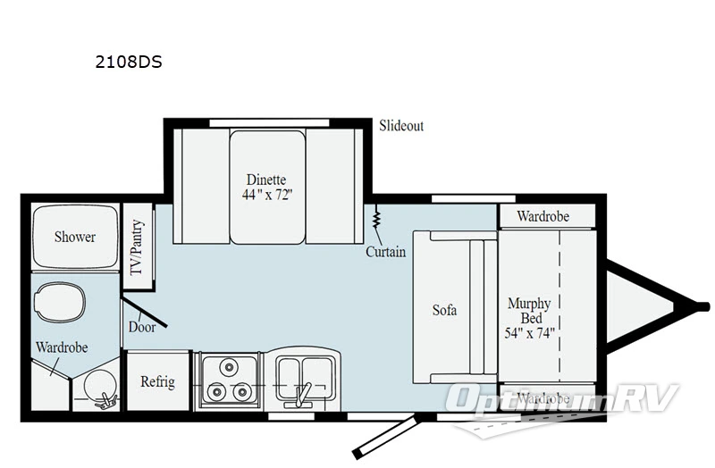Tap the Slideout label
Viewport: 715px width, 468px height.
pyautogui.click(x=400, y=126)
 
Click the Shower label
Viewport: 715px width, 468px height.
pyautogui.click(x=74, y=237)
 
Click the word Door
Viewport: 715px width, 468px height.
pyautogui.click(x=141, y=327)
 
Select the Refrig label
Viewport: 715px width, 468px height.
pyautogui.click(x=157, y=381)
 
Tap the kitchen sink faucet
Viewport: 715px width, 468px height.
pyautogui.click(x=304, y=391)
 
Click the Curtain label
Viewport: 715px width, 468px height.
pyautogui.click(x=385, y=252)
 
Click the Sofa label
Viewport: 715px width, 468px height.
pyautogui.click(x=444, y=310)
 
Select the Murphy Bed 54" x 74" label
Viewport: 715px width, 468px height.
pyautogui.click(x=529, y=317)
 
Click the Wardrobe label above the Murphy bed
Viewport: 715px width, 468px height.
pyautogui.click(x=543, y=216)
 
